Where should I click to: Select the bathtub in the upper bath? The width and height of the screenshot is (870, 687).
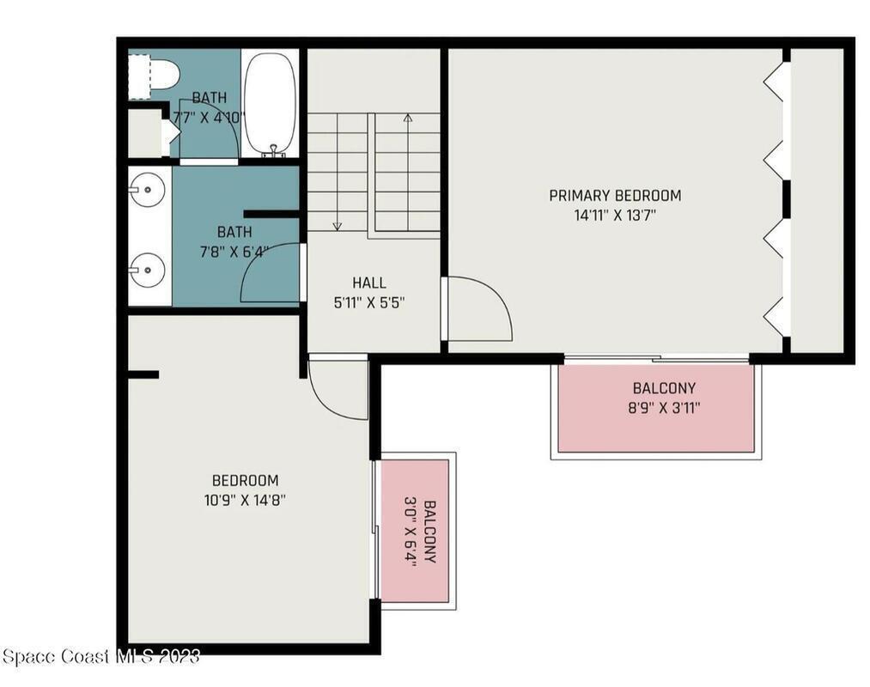pyautogui.click(x=271, y=105)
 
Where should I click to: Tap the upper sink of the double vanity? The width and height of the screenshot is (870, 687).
pyautogui.click(x=147, y=190)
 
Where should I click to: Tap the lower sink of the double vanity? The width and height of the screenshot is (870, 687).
pyautogui.click(x=147, y=271)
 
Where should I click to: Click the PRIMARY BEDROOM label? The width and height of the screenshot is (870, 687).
pyautogui.click(x=615, y=195)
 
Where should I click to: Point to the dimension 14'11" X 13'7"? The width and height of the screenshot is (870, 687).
pyautogui.click(x=615, y=216)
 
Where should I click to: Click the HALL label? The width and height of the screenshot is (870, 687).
pyautogui.click(x=369, y=283)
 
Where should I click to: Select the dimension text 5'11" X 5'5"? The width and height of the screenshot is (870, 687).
pyautogui.click(x=369, y=303)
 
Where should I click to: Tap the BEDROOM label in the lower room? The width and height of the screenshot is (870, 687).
pyautogui.click(x=246, y=480)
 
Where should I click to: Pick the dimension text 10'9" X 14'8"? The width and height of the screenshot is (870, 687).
pyautogui.click(x=245, y=500)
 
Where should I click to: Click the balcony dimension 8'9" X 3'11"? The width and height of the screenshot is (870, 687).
pyautogui.click(x=664, y=409)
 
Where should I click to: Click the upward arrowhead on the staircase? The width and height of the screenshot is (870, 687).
pyautogui.click(x=408, y=118)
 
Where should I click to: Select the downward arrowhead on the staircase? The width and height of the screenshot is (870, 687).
pyautogui.click(x=338, y=226)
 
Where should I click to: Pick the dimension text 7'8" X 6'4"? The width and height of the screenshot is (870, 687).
pyautogui.click(x=234, y=252)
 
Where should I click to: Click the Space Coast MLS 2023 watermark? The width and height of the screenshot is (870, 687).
pyautogui.click(x=101, y=656)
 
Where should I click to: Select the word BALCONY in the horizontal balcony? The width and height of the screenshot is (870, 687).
pyautogui.click(x=664, y=388)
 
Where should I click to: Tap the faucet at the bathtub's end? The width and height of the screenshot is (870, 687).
pyautogui.click(x=273, y=149)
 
